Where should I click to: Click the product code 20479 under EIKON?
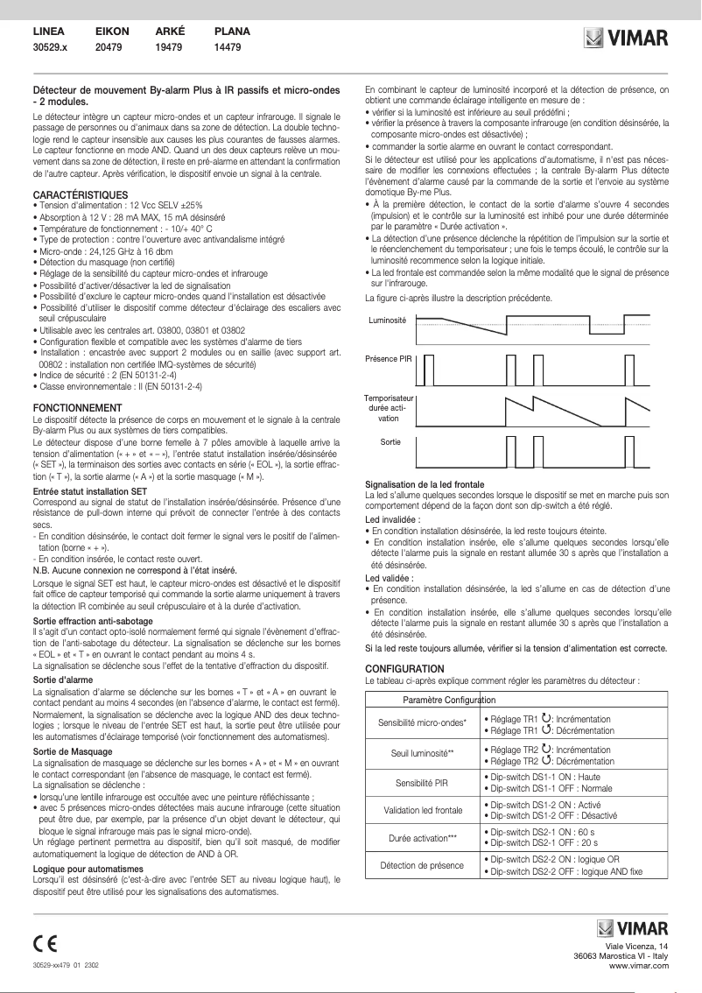pyautogui.click(x=110, y=47)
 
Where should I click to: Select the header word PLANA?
pyautogui.click(x=232, y=31)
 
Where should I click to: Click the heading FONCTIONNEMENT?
pyautogui.click(x=76, y=408)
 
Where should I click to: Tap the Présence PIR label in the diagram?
pyautogui.click(x=388, y=359)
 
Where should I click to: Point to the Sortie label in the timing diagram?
pyautogui.click(x=390, y=442)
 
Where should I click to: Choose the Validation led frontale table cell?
pyautogui.click(x=423, y=810)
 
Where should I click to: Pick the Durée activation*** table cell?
pyautogui.click(x=423, y=838)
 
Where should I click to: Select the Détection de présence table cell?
pyautogui.click(x=423, y=866)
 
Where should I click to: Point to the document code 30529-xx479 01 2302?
pyautogui.click(x=66, y=963)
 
